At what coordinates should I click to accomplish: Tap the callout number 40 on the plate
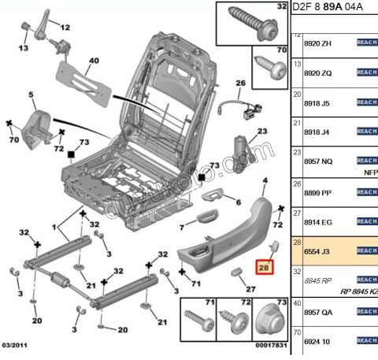click(x=93, y=61)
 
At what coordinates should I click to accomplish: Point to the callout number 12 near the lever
click(x=65, y=27)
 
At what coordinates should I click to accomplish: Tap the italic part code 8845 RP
click(x=316, y=280)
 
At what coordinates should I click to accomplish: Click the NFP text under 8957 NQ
click(x=370, y=171)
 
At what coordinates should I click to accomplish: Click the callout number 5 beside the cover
click(x=32, y=96)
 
